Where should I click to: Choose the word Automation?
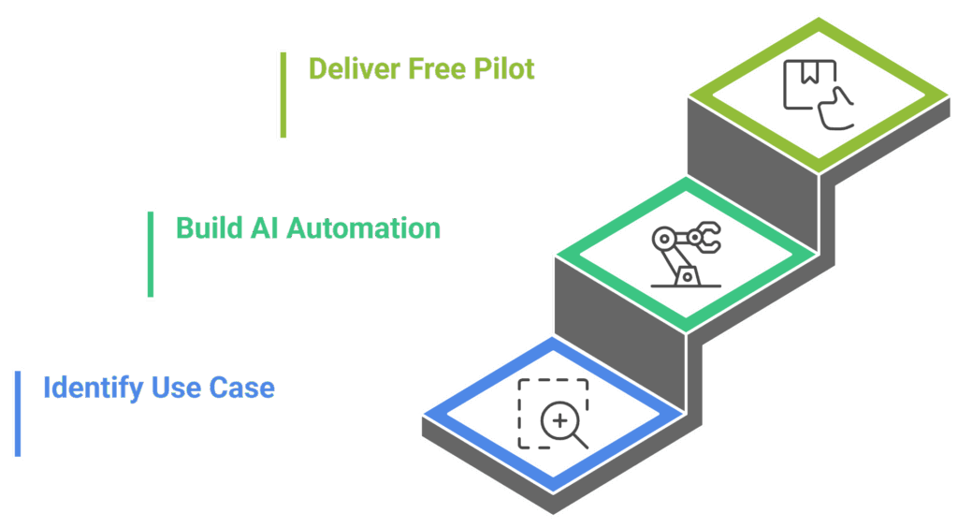point(362,228)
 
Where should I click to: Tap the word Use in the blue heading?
point(170,388)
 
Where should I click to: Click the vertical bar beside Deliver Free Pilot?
point(283,95)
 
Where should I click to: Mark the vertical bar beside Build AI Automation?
point(150,254)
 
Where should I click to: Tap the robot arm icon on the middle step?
point(683,254)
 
